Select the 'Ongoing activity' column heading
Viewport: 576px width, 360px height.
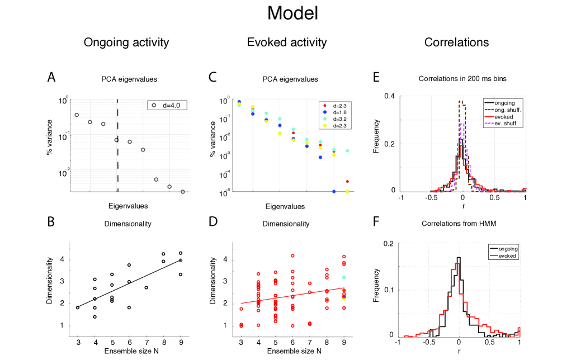click(x=126, y=42)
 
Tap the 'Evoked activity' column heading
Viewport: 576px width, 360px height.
click(x=287, y=42)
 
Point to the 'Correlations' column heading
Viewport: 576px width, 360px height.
click(x=456, y=42)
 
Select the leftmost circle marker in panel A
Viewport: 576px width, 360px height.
click(x=77, y=115)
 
